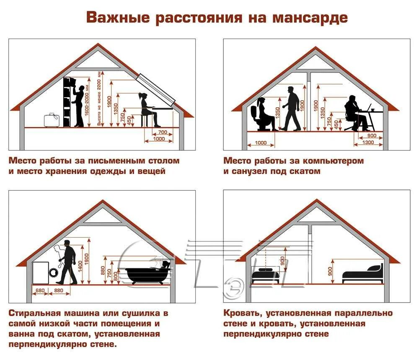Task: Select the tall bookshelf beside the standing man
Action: (x=68, y=102)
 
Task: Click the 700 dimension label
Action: (x=163, y=132)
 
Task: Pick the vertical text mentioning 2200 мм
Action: (x=99, y=103)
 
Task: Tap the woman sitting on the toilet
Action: (x=263, y=114)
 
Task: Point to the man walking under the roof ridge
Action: (x=291, y=108)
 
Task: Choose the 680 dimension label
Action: (x=40, y=290)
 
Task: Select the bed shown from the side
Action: (x=363, y=275)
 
